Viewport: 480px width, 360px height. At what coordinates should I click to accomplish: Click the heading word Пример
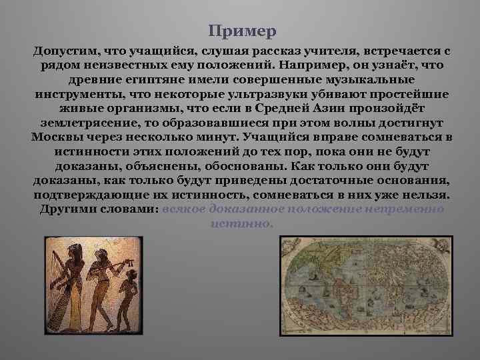click(x=241, y=31)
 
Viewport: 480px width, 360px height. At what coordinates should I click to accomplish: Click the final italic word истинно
click(x=241, y=223)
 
